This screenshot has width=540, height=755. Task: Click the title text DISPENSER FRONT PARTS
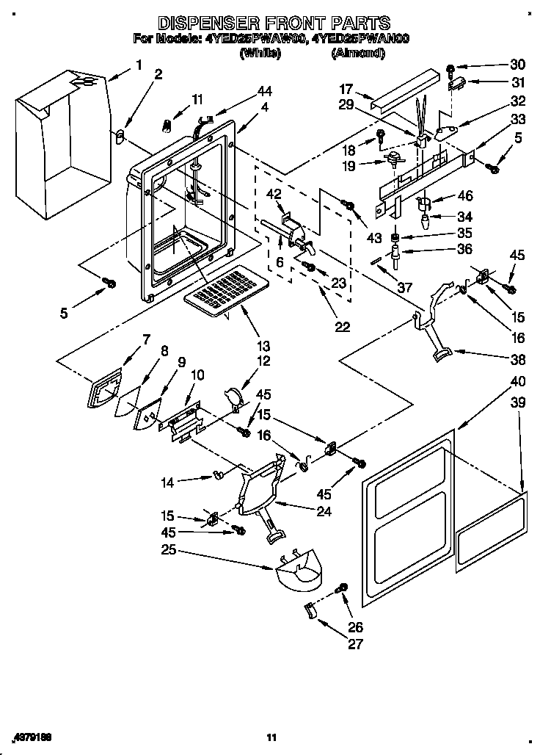click(x=274, y=23)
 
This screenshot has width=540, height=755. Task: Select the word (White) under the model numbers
click(x=260, y=54)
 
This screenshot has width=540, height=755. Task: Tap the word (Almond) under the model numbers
click(x=358, y=54)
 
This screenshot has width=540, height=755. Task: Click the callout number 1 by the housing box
click(x=138, y=65)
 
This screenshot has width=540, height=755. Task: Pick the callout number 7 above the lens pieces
click(x=146, y=339)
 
